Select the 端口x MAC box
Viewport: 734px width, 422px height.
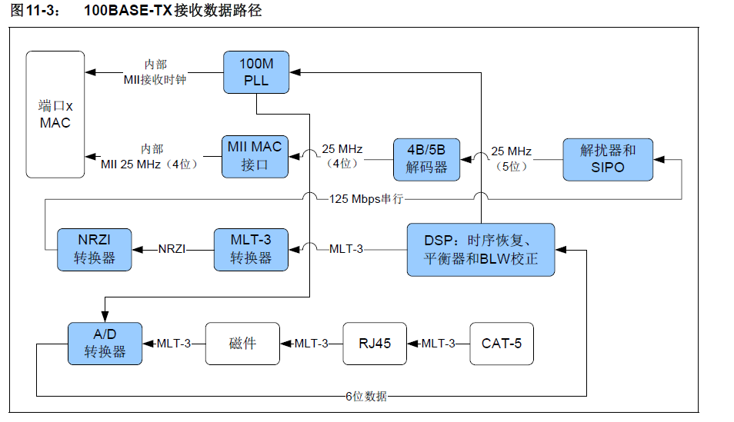click(55, 114)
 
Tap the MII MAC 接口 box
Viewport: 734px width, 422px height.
click(255, 155)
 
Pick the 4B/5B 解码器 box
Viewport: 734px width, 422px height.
click(425, 158)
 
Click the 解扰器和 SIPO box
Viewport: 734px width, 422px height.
click(608, 159)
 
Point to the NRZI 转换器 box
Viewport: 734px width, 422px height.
click(94, 248)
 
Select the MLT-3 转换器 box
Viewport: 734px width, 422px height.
click(251, 248)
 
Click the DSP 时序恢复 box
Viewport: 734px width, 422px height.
click(480, 249)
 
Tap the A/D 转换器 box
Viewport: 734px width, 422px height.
click(105, 343)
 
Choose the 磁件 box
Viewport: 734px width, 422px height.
click(242, 343)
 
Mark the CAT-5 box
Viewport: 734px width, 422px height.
click(501, 343)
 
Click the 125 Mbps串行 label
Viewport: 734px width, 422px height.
click(366, 199)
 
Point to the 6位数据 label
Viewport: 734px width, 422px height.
click(365, 397)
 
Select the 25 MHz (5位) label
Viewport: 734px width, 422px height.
click(512, 158)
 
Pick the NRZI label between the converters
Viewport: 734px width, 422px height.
click(173, 248)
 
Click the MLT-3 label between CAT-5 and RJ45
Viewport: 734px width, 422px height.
click(438, 343)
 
